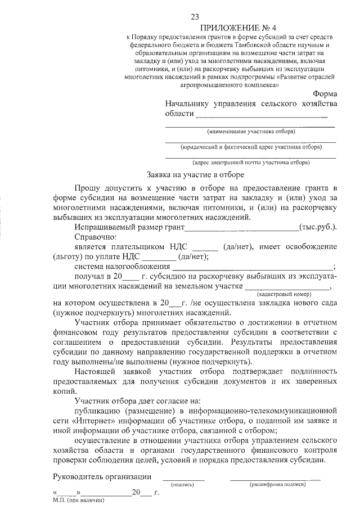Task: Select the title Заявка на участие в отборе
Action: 195,175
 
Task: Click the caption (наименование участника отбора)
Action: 251,132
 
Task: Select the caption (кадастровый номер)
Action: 284,294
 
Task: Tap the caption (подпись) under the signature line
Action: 183,484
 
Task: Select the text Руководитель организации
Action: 102,477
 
